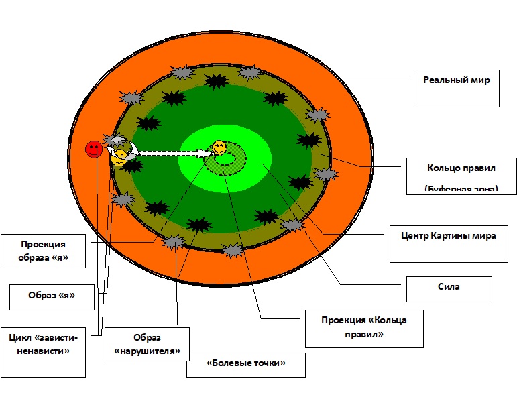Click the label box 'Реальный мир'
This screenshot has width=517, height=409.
456,88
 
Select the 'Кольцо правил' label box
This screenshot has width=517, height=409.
461,176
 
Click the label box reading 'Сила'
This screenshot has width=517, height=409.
449,288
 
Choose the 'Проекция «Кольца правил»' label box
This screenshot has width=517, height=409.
364,329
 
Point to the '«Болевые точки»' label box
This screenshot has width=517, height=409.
246,365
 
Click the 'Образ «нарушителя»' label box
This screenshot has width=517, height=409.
147,344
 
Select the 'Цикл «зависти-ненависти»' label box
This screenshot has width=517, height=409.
43,352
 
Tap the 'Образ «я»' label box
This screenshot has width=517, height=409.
52,296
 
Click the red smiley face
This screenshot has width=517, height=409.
94,150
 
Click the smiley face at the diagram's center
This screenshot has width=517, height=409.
219,148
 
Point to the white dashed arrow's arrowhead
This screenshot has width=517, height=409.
208,153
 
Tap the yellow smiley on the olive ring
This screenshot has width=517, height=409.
119,158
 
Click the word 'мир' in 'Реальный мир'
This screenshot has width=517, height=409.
479,80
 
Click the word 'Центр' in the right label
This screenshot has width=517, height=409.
414,236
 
